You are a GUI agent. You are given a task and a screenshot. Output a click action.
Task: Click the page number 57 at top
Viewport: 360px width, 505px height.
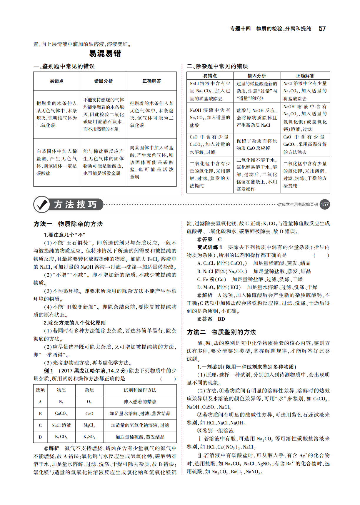coord(322,29)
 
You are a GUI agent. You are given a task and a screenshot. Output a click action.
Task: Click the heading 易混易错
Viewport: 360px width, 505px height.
coord(105,53)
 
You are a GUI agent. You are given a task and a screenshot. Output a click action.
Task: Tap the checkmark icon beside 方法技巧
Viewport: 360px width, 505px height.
coord(42,205)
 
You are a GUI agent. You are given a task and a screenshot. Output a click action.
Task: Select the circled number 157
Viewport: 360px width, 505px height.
coord(325,204)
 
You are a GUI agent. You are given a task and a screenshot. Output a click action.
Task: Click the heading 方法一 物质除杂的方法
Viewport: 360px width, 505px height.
coord(68,224)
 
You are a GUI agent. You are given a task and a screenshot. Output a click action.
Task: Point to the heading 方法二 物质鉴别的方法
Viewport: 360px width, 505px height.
coord(221,332)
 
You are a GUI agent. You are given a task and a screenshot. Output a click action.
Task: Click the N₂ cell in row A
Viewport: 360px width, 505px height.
coord(61,402)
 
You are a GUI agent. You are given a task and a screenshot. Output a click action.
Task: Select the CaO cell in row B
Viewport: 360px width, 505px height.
coord(89,414)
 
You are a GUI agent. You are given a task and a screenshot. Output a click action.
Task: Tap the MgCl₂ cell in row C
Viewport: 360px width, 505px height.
coord(89,425)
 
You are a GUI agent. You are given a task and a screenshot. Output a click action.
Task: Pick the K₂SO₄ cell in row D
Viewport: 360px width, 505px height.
coord(89,437)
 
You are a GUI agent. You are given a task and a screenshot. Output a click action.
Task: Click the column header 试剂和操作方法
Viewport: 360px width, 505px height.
coord(140,390)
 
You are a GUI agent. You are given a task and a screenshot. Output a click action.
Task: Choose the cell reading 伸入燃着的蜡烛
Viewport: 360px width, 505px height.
coord(140,402)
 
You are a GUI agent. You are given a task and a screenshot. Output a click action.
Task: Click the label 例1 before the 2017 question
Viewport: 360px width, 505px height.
coord(49,371)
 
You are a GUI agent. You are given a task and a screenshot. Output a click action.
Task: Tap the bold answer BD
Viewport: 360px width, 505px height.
coord(221,319)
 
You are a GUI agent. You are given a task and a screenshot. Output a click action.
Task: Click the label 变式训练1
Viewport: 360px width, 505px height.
coord(210,247)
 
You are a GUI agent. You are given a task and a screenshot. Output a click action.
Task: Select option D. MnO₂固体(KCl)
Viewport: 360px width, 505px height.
coord(219,287)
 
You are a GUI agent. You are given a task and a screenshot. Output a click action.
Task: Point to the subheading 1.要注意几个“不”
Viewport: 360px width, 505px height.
coord(65,235)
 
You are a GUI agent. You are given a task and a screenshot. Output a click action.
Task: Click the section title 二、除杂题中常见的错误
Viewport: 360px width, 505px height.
coord(217,66)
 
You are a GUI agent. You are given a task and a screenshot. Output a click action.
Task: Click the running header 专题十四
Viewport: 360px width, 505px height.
coord(240,29)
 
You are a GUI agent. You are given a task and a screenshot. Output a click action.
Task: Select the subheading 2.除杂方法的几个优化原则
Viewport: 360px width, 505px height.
coord(75,323)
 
